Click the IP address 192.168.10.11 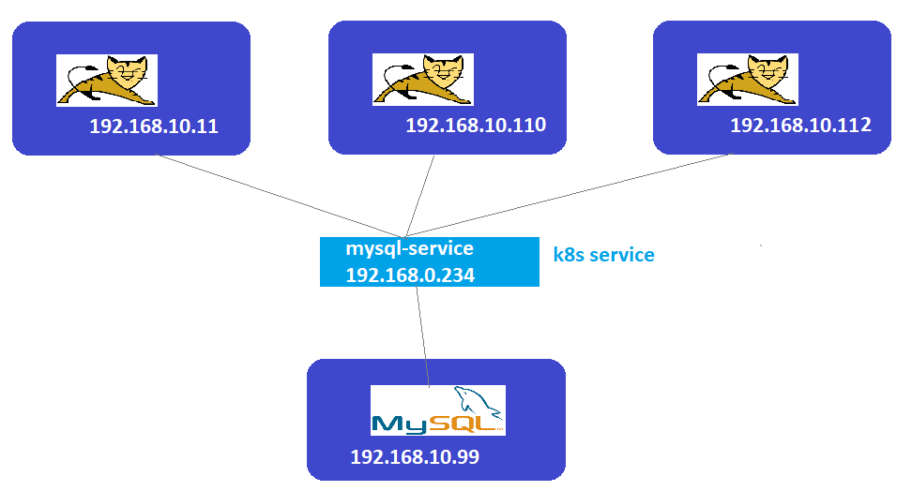(x=154, y=126)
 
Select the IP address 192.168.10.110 (x=476, y=125)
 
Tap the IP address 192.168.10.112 (x=800, y=125)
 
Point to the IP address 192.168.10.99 (x=415, y=457)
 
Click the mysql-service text (x=409, y=249)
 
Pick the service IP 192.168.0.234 (x=409, y=275)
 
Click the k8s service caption (x=603, y=255)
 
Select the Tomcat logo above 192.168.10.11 (x=107, y=80)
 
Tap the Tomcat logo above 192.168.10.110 (x=423, y=79)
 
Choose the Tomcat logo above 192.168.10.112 (x=747, y=79)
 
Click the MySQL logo (x=437, y=410)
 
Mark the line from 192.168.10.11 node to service (x=281, y=197)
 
